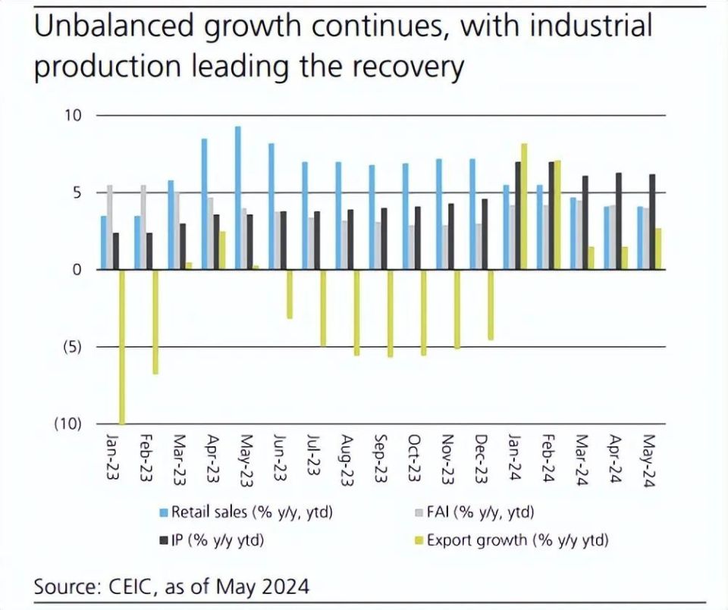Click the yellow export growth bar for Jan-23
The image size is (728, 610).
(122, 346)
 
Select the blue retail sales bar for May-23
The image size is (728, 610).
(238, 198)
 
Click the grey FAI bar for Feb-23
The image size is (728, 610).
(143, 227)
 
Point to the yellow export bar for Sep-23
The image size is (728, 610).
(391, 313)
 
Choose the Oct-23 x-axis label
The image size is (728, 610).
(414, 457)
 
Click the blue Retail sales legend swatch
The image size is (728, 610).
(163, 513)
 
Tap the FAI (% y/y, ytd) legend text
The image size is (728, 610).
(481, 512)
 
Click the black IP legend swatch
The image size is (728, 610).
(163, 541)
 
